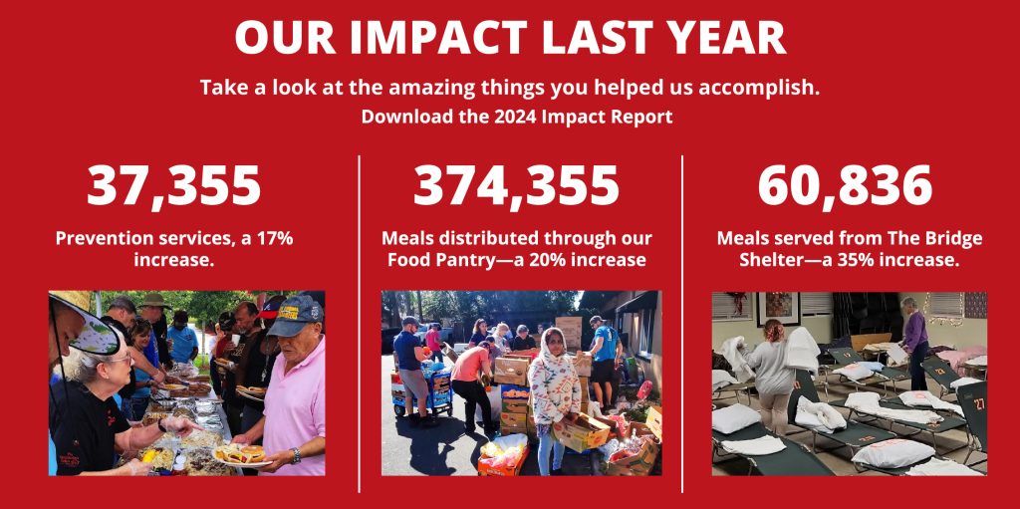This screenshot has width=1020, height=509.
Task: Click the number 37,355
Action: coord(173,186)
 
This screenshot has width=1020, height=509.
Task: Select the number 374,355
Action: coord(517,186)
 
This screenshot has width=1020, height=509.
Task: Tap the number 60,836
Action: coord(845,186)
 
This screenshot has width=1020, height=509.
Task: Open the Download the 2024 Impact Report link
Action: coord(517,118)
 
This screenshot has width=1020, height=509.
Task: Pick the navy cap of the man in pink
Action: coord(295,316)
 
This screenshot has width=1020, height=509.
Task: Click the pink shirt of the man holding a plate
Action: coord(295,403)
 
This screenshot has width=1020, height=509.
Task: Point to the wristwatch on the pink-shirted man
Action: coord(297,455)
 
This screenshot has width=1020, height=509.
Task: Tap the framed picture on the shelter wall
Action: coord(779,308)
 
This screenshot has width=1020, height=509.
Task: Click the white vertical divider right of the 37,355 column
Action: coord(359,324)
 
